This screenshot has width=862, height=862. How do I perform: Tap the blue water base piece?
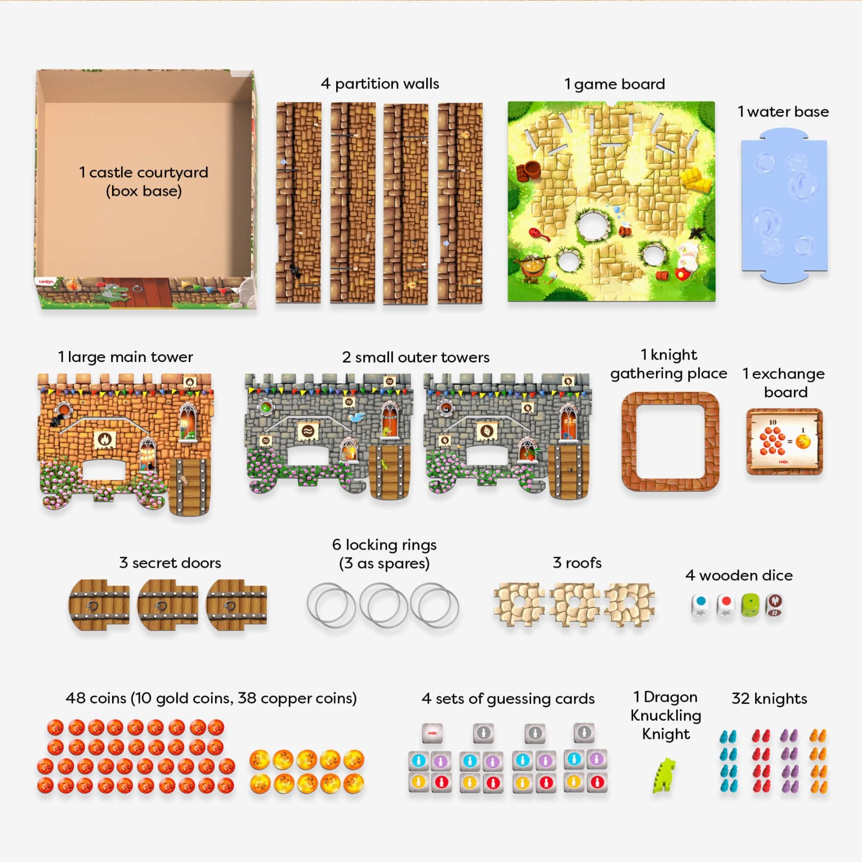[x=784, y=206]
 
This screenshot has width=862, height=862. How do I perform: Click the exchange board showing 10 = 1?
[x=784, y=442]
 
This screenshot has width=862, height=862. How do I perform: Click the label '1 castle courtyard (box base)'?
[x=144, y=181]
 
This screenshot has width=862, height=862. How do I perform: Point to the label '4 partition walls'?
[x=380, y=84]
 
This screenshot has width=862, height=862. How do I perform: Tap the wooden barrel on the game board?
[x=530, y=170]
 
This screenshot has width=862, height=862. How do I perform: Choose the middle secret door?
[x=167, y=605]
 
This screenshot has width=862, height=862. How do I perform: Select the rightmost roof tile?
[x=629, y=605]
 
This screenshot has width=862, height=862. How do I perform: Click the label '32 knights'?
[x=769, y=698]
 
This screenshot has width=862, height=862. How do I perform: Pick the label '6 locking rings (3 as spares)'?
[x=384, y=554]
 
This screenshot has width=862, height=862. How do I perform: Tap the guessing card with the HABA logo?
[x=432, y=733]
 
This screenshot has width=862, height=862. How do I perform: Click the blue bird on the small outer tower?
[x=357, y=417]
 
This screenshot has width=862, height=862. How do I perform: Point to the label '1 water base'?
[x=783, y=112]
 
